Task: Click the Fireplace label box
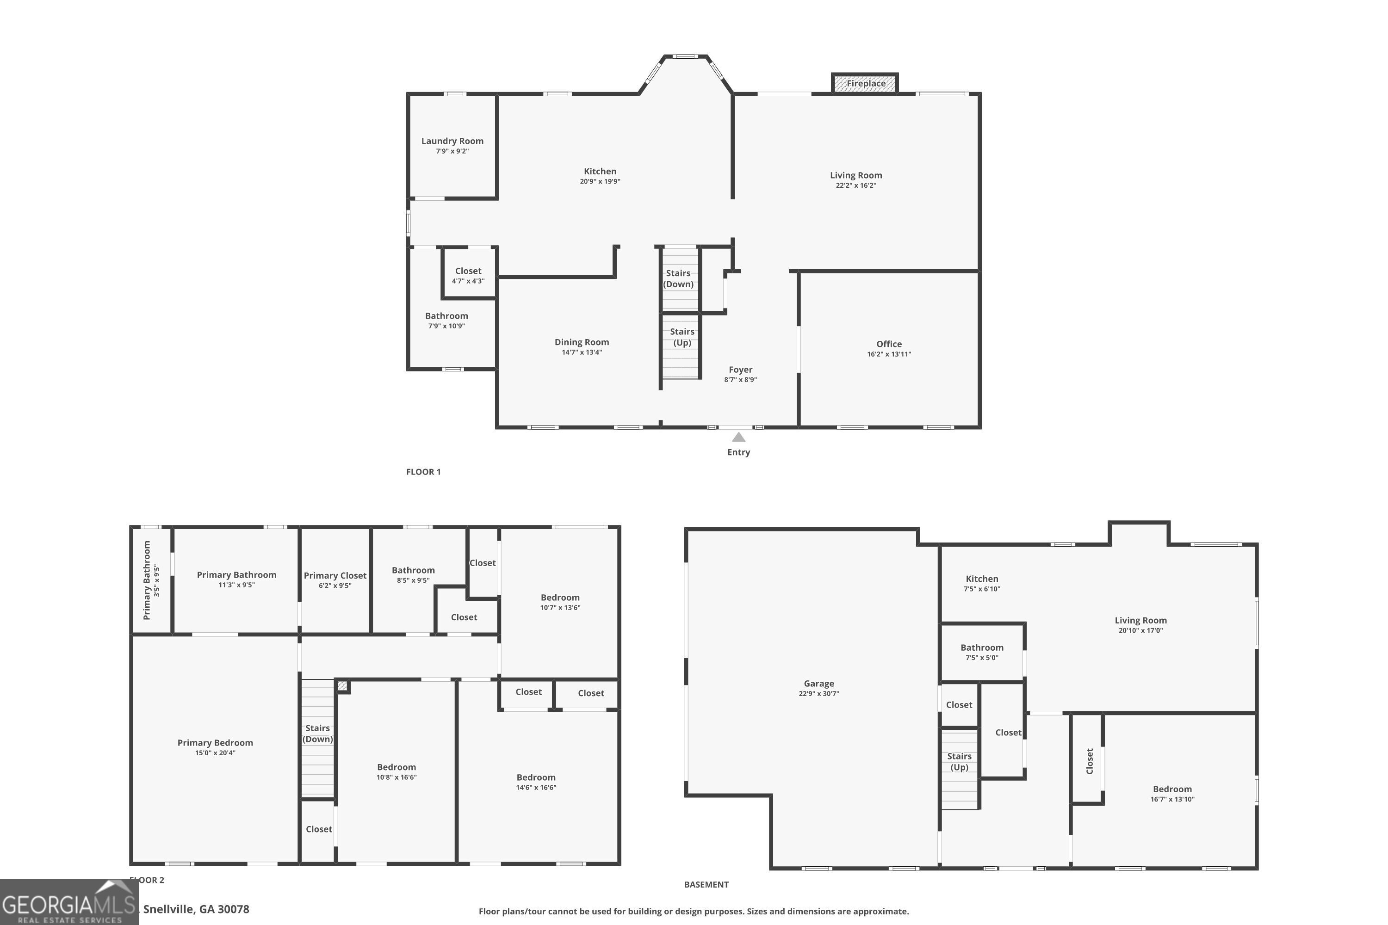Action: click(x=865, y=83)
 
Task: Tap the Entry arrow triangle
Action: click(x=738, y=437)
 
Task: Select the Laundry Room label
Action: click(x=452, y=141)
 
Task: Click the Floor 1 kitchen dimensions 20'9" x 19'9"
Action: click(x=600, y=182)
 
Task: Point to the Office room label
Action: click(x=889, y=344)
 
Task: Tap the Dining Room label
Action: click(x=581, y=342)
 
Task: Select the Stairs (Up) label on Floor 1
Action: click(x=682, y=337)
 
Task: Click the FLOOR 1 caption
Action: click(x=423, y=471)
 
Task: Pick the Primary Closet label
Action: click(x=335, y=576)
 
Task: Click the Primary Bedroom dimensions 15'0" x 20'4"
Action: click(x=216, y=753)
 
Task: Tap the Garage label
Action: click(x=818, y=684)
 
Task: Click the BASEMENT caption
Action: click(x=706, y=884)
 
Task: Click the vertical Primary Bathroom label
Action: click(x=147, y=580)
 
